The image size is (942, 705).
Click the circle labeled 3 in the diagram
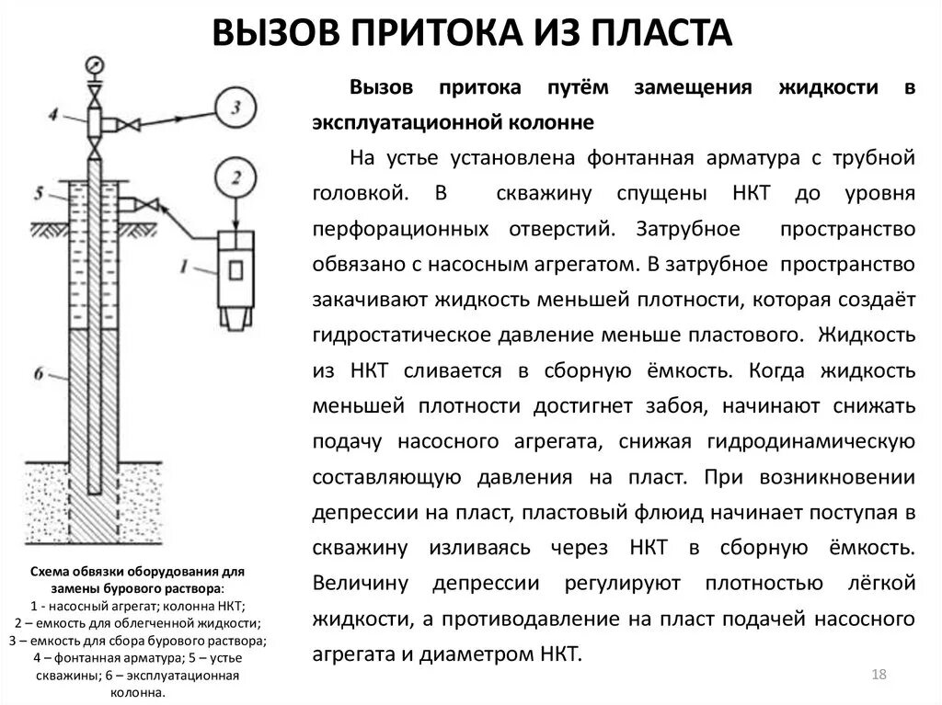pyautogui.click(x=236, y=109)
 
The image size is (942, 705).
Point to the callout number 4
pyautogui.click(x=53, y=114)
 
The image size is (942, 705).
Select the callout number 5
pyautogui.click(x=39, y=194)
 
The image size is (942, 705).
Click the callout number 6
pyautogui.click(x=39, y=373)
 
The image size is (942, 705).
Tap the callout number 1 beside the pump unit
pyautogui.click(x=186, y=267)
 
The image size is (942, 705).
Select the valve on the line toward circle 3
pyautogui.click(x=132, y=124)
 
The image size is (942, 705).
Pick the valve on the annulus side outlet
pyautogui.click(x=147, y=203)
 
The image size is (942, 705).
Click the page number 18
pyautogui.click(x=878, y=676)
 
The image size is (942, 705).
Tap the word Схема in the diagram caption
pyautogui.click(x=51, y=572)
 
